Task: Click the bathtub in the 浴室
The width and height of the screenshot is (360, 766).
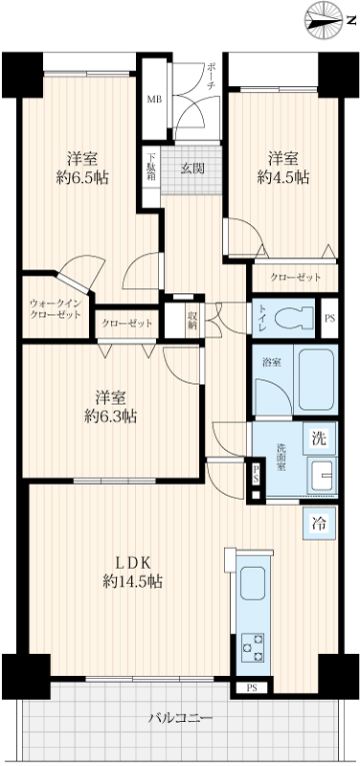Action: click(x=316, y=379)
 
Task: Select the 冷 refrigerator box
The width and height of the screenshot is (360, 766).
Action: click(x=319, y=524)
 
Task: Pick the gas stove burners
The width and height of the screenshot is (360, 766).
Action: click(x=253, y=647)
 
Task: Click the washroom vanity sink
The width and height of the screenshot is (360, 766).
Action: click(x=322, y=475)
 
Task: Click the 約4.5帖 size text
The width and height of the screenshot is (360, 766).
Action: click(x=283, y=178)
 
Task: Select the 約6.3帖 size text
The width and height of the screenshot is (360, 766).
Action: click(x=110, y=417)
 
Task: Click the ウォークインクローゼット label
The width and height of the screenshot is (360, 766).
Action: click(x=55, y=309)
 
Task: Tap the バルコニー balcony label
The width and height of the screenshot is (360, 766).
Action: click(x=181, y=719)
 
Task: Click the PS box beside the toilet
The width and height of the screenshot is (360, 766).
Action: click(x=329, y=317)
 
